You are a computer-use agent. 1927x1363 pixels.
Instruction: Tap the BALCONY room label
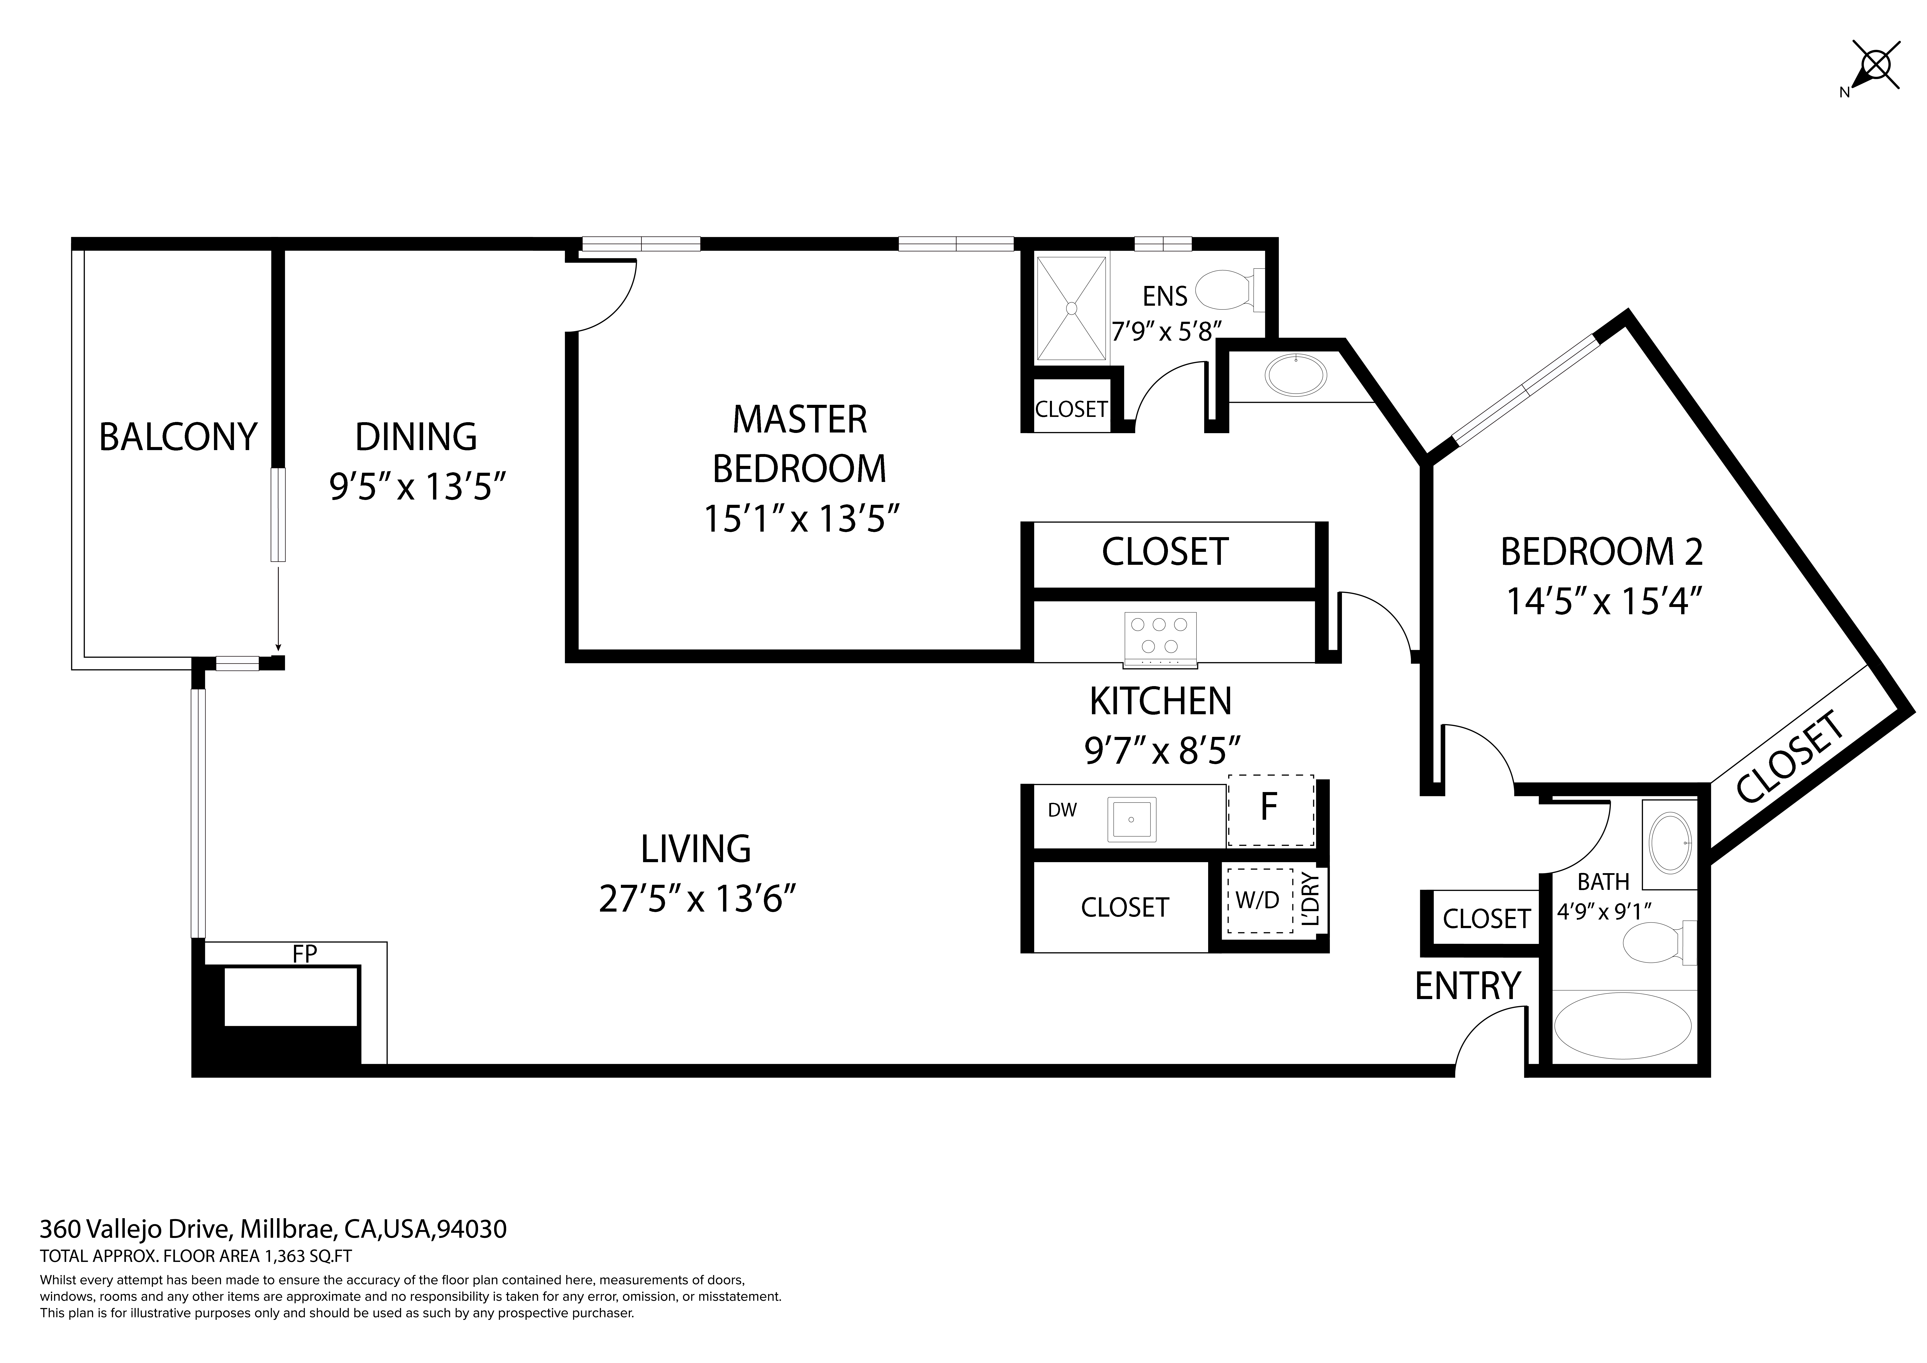point(178,437)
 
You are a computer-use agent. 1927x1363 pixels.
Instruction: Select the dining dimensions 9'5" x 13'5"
point(417,486)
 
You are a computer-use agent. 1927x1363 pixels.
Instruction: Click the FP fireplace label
point(305,953)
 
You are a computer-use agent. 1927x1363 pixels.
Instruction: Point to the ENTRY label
point(1468,986)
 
